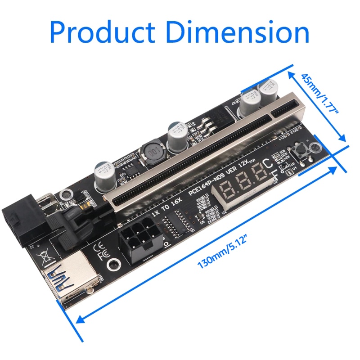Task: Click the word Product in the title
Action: [x=103, y=32]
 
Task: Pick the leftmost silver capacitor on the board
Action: [x=104, y=173]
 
